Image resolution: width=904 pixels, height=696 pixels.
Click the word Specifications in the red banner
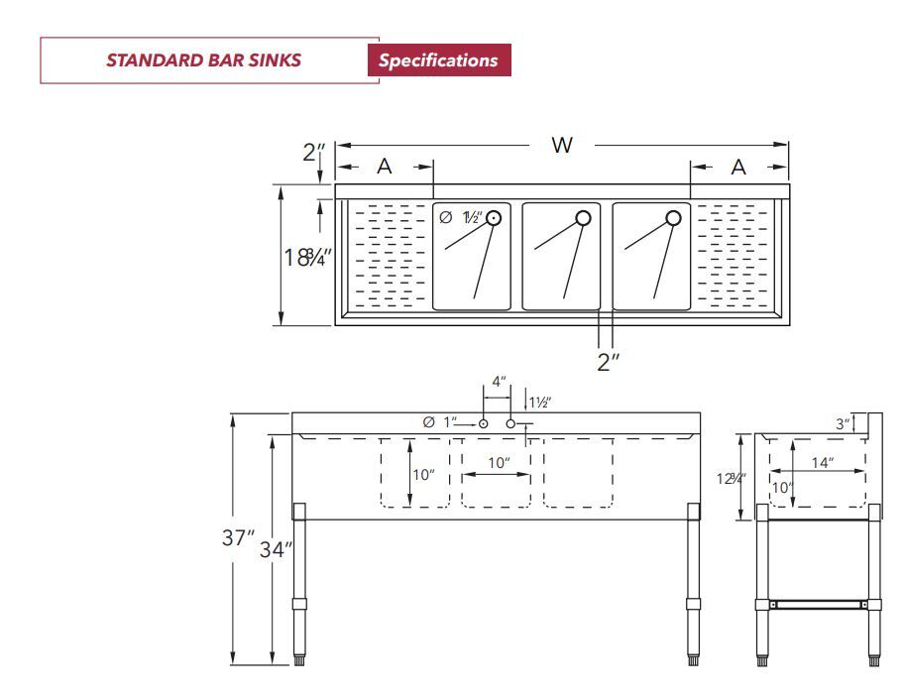pyautogui.click(x=438, y=60)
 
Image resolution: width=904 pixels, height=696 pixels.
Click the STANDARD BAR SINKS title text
pyautogui.click(x=204, y=60)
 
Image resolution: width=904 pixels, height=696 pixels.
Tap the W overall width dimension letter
pyautogui.click(x=562, y=145)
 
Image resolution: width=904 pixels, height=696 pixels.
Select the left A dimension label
pyautogui.click(x=384, y=168)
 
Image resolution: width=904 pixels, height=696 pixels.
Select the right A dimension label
pyautogui.click(x=738, y=168)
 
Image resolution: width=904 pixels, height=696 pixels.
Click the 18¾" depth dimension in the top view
pyautogui.click(x=307, y=257)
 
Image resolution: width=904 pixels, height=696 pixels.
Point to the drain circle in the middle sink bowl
pyautogui.click(x=583, y=218)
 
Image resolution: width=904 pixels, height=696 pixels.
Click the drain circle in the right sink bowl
pyautogui.click(x=673, y=218)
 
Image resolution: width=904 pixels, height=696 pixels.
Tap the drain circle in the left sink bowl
pyautogui.click(x=493, y=218)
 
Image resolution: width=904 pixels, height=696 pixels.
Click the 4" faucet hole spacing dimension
pyautogui.click(x=499, y=382)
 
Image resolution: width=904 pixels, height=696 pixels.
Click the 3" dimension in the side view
pyautogui.click(x=842, y=423)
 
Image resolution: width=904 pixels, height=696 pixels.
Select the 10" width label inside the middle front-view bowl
pyautogui.click(x=499, y=462)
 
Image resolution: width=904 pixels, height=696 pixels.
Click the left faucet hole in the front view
pyautogui.click(x=483, y=424)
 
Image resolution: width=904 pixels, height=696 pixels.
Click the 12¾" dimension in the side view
pyautogui.click(x=733, y=478)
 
